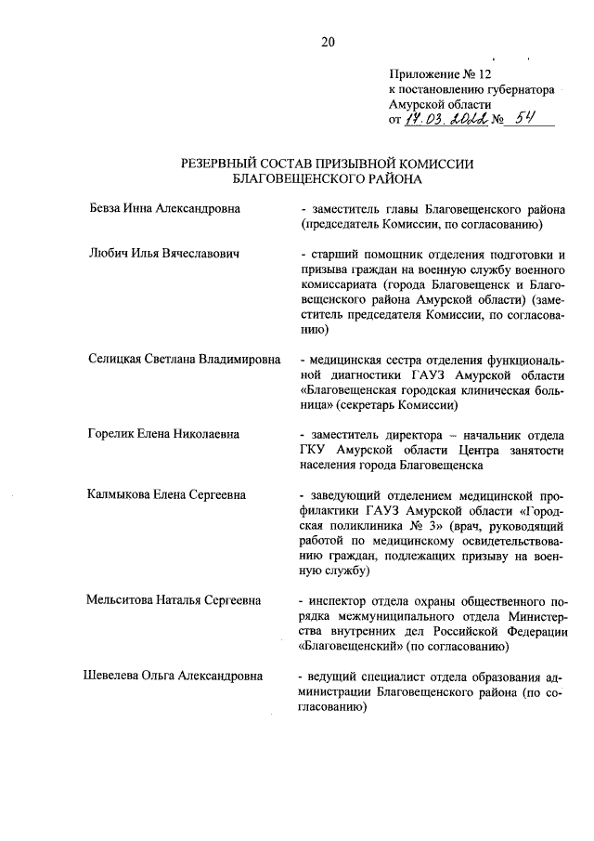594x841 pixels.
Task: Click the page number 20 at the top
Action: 327,40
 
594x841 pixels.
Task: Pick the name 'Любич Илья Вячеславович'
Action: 164,254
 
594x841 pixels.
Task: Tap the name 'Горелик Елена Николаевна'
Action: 162,434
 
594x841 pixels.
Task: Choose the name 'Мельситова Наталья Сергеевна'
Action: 174,600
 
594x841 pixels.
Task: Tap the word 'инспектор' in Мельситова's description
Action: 341,600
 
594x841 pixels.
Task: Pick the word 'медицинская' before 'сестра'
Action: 348,359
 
